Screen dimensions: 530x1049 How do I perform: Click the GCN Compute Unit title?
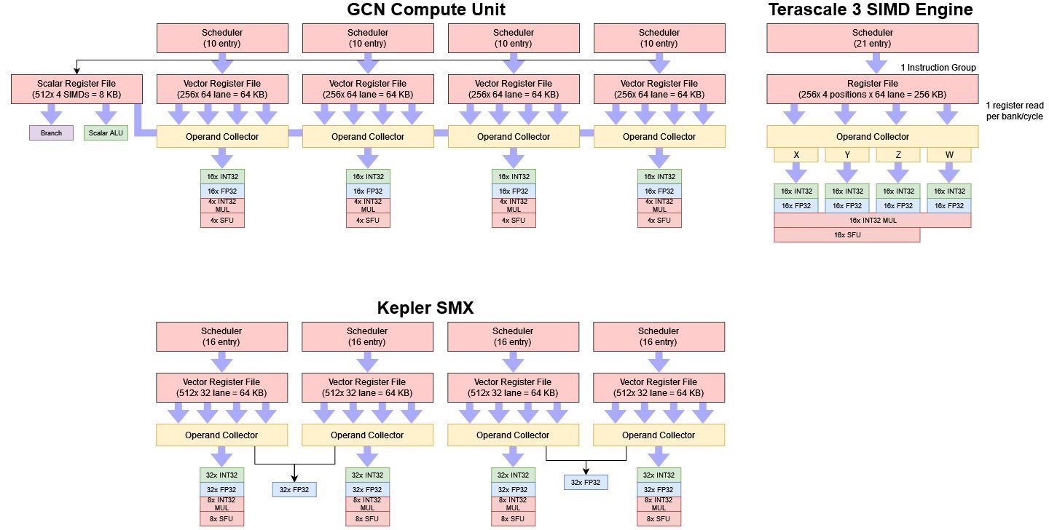point(425,10)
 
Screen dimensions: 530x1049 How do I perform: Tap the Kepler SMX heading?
point(425,307)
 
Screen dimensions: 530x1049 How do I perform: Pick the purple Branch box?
point(52,133)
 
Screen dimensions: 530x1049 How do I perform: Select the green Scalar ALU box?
point(106,133)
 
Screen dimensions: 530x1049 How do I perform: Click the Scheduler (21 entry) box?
point(872,38)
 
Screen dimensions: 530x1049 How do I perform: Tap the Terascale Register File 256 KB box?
point(872,89)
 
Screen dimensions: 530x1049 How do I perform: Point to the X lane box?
point(796,154)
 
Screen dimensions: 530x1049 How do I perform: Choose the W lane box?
point(948,154)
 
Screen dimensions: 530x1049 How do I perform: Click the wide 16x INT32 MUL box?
point(872,220)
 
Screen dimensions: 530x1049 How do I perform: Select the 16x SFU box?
point(846,234)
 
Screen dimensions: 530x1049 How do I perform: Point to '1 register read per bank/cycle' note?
point(1015,111)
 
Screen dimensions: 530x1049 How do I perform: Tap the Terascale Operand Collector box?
point(872,136)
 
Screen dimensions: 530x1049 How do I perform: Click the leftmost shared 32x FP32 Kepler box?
point(294,489)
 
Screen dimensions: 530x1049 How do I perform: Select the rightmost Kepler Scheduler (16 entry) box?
point(659,336)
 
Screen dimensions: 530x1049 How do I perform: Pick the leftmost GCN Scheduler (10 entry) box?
point(222,38)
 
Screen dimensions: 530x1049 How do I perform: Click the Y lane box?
point(847,154)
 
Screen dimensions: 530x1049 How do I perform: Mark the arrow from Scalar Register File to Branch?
point(52,114)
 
